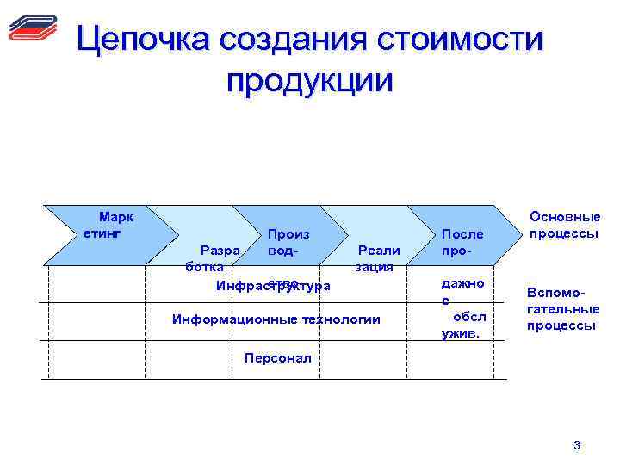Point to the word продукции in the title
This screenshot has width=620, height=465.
[x=309, y=81]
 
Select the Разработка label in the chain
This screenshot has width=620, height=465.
[x=211, y=258]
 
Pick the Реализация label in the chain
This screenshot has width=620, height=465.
[x=376, y=258]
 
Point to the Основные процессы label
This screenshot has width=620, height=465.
[x=564, y=226]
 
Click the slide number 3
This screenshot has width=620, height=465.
[x=576, y=445]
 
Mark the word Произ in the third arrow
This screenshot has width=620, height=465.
[x=288, y=233]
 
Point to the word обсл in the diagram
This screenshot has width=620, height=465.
[x=469, y=316]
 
